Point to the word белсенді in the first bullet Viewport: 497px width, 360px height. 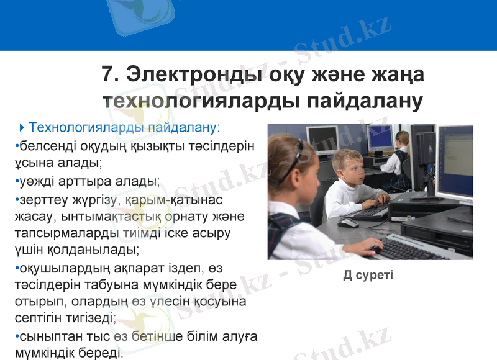[44, 146]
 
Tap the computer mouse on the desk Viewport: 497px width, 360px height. [349, 222]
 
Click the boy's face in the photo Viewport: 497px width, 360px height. [351, 169]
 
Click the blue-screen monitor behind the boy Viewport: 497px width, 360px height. [380, 137]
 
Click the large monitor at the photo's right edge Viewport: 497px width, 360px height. [456, 161]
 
